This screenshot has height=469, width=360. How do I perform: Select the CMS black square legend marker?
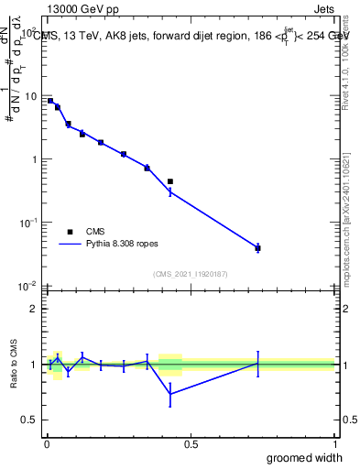(70, 232)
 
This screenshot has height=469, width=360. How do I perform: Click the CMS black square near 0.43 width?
(170, 181)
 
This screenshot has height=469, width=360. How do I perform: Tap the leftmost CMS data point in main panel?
(50, 101)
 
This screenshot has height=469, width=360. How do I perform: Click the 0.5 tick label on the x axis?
(191, 443)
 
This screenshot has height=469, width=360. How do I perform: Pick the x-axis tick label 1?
(334, 443)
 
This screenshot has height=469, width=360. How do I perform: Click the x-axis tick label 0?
(47, 443)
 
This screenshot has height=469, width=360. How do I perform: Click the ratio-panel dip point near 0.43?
(170, 394)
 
